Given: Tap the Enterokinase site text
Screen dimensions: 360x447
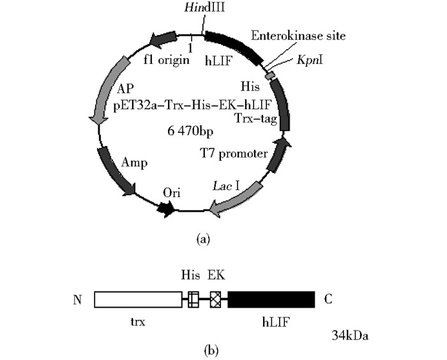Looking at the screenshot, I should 298,36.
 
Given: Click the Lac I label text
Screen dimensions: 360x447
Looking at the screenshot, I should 226,186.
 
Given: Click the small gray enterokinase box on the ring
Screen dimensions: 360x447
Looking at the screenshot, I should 271,75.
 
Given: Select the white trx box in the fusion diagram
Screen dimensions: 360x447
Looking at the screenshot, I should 138,299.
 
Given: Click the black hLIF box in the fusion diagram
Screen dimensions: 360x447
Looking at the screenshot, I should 271,299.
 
